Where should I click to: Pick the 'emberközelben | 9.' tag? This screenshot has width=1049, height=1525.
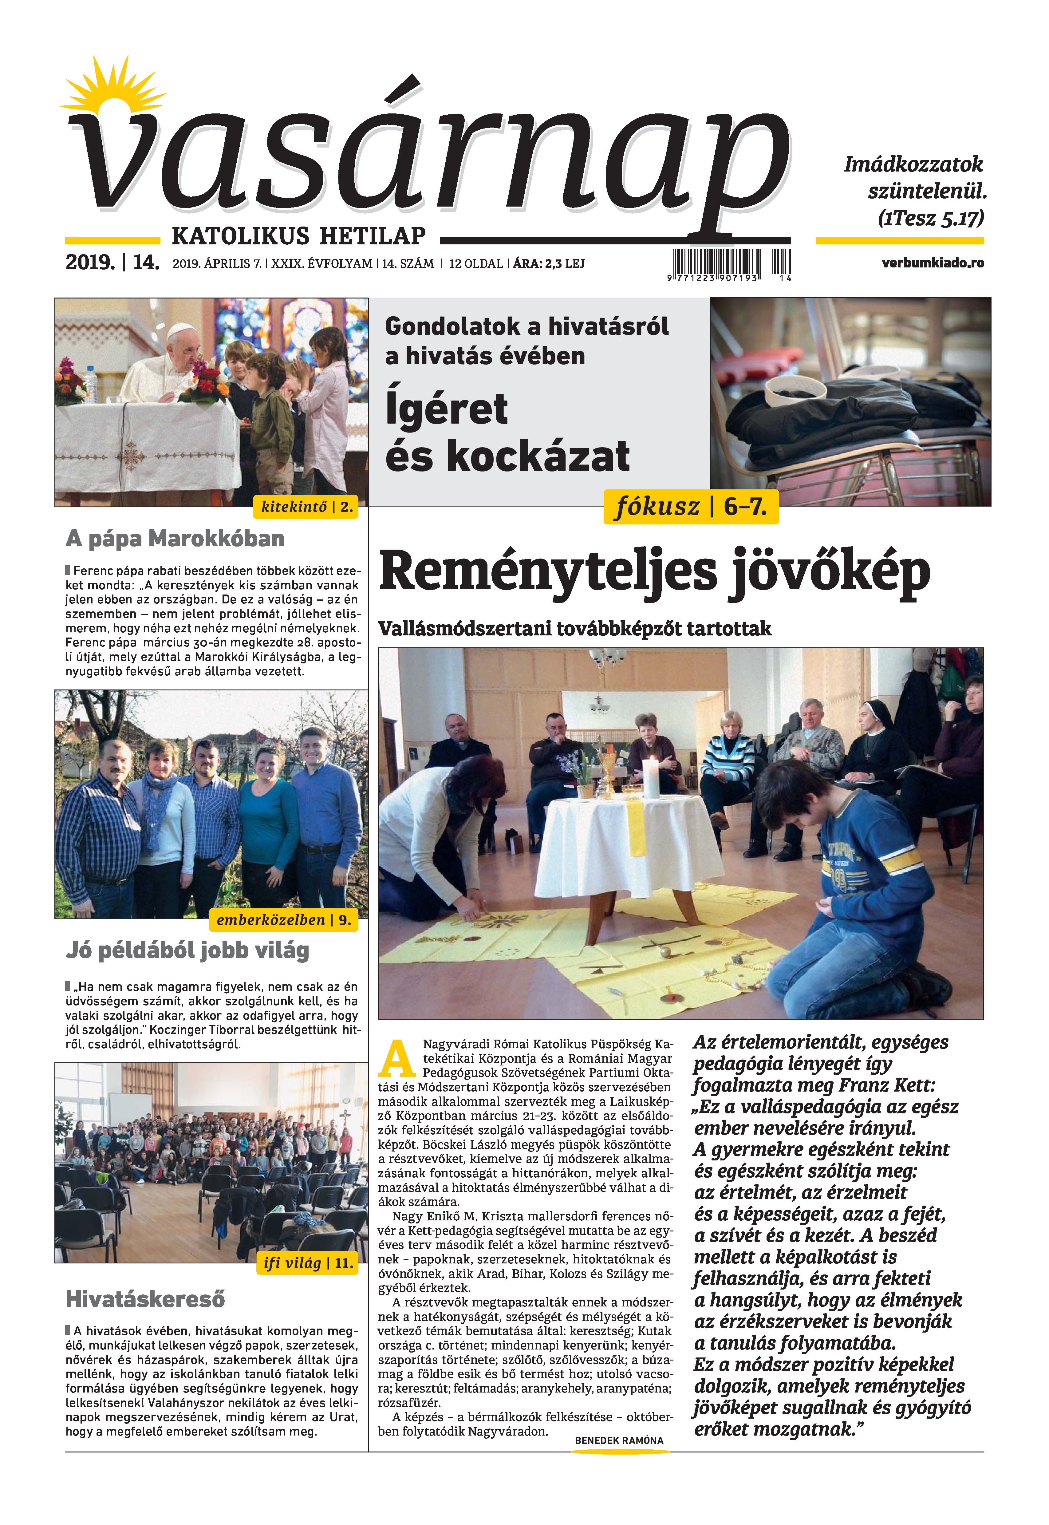284,920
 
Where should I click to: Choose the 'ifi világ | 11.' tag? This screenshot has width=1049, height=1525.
308,1263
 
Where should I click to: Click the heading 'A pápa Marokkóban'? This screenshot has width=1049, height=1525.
175,539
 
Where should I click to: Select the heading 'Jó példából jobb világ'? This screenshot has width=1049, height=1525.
187,950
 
